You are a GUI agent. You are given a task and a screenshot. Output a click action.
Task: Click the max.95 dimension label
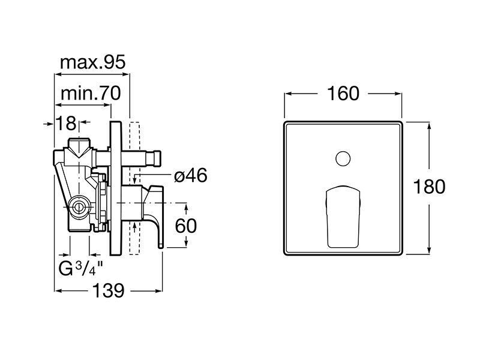pyautogui.click(x=93, y=62)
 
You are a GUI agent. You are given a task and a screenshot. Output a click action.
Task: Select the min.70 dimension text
pyautogui.click(x=91, y=94)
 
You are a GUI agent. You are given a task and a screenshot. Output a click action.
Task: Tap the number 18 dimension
pyautogui.click(x=66, y=124)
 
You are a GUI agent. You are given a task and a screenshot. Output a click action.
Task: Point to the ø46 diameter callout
pyautogui.click(x=190, y=176)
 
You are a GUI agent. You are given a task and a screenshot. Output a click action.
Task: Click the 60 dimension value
pyautogui.click(x=186, y=226)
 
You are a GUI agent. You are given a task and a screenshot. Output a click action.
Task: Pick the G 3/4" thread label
pyautogui.click(x=80, y=269)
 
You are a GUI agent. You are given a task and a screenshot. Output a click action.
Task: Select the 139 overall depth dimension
pyautogui.click(x=109, y=290)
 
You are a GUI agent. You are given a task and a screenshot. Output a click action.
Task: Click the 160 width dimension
pyautogui.click(x=343, y=94)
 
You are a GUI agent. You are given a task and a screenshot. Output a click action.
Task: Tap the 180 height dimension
pyautogui.click(x=429, y=187)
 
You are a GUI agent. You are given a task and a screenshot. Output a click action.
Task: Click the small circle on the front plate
pyautogui.click(x=343, y=159)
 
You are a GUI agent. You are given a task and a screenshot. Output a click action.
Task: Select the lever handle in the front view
pyautogui.click(x=343, y=217)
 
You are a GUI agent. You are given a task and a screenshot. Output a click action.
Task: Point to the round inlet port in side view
pyautogui.click(x=79, y=208)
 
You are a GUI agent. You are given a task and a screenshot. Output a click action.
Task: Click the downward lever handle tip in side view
pyautogui.click(x=160, y=245)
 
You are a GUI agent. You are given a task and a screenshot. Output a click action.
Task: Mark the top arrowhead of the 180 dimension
pyautogui.click(x=429, y=125)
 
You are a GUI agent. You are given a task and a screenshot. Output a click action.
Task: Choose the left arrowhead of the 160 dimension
pyautogui.click(x=289, y=94)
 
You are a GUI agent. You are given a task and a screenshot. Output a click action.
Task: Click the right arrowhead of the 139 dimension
pyautogui.click(x=158, y=291)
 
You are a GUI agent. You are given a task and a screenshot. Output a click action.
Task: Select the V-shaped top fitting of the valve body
pyautogui.click(x=79, y=148)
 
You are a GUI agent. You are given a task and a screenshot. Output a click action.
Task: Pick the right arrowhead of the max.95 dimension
pyautogui.click(x=126, y=74)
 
